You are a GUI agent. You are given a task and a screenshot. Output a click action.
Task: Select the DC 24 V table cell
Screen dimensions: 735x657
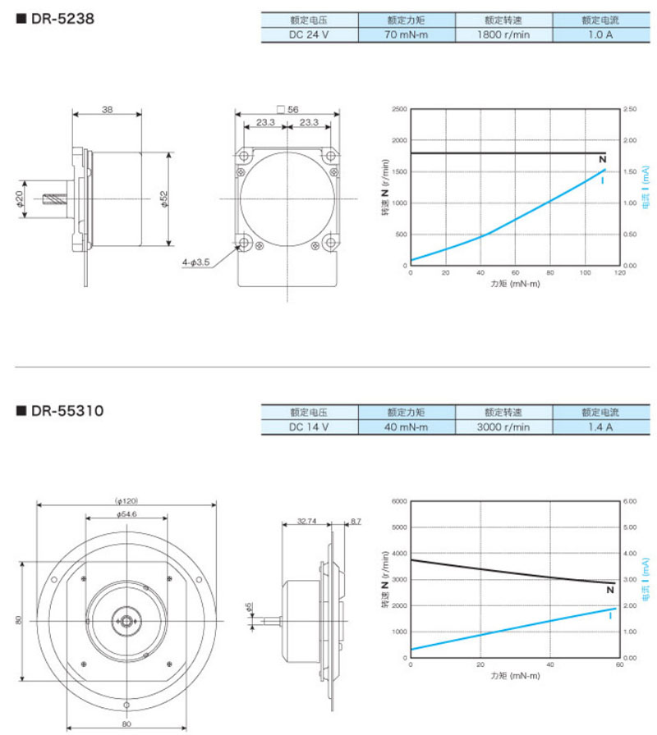pos(309,35)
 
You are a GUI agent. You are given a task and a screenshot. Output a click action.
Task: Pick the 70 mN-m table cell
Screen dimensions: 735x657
pos(407,35)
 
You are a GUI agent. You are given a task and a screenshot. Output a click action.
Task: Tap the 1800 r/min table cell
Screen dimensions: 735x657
pos(503,35)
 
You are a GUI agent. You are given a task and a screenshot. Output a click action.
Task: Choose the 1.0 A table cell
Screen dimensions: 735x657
pos(600,35)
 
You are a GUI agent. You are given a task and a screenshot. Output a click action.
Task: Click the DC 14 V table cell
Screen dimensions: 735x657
pos(309,427)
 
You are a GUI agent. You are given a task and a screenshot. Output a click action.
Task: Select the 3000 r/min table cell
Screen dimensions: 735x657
pos(503,427)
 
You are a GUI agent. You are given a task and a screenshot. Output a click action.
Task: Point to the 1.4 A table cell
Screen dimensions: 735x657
pos(600,427)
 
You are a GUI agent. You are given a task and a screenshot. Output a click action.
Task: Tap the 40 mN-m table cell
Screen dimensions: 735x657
pos(407,427)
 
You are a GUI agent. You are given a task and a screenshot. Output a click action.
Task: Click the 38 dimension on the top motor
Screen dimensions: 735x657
pos(107,109)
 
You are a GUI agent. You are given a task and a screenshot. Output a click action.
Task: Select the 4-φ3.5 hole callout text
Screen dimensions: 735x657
pos(195,262)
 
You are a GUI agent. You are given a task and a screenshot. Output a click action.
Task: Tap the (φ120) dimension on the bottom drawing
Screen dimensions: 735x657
pos(126,500)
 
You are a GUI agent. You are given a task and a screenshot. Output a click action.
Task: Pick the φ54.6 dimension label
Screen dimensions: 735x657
pos(126,514)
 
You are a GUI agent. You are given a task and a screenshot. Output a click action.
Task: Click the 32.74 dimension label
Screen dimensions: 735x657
pos(306,520)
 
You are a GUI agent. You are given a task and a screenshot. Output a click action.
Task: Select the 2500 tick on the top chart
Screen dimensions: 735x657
pos(398,109)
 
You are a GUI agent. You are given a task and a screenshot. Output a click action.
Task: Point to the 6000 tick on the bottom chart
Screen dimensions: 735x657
pos(398,500)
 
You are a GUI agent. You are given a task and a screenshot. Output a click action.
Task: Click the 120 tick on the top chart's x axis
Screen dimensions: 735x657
pos(619,273)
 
